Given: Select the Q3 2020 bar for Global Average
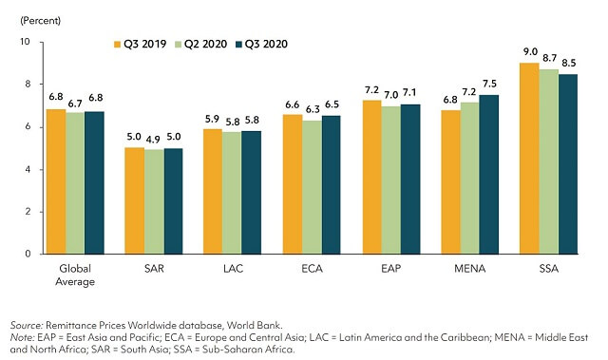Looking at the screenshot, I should (x=95, y=182).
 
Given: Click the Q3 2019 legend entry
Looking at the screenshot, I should (x=140, y=44).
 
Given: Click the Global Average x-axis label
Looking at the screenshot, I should (x=74, y=275).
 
